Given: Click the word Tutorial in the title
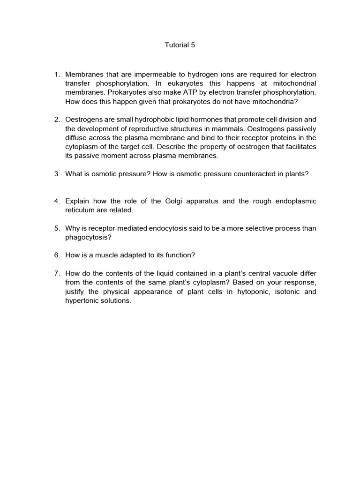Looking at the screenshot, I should pyautogui.click(x=176, y=45).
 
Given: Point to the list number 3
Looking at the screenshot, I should pyautogui.click(x=57, y=174).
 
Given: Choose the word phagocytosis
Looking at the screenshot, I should pyautogui.click(x=86, y=237).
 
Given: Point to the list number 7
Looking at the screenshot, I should pyautogui.click(x=57, y=273).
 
